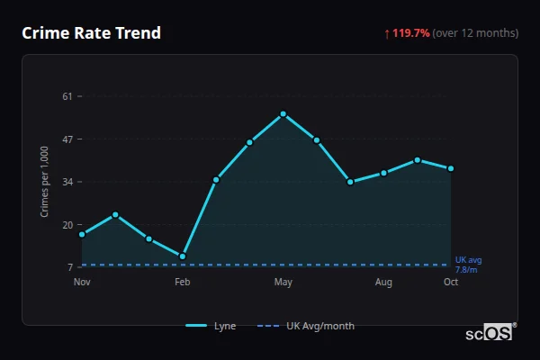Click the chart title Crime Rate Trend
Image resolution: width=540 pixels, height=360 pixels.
pyautogui.click(x=91, y=33)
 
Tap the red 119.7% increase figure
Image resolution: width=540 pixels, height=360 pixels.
pyautogui.click(x=410, y=33)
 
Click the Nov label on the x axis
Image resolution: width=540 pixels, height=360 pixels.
pyautogui.click(x=82, y=283)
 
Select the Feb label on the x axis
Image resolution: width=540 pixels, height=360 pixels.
pyautogui.click(x=183, y=283)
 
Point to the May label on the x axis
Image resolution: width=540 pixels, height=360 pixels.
pyautogui.click(x=283, y=283)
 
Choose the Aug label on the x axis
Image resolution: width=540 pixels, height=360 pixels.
pyautogui.click(x=383, y=283)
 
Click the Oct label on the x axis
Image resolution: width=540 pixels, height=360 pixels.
pyautogui.click(x=451, y=283)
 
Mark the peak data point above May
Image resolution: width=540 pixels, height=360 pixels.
pyautogui.click(x=283, y=114)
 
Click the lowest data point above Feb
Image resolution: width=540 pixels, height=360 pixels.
pyautogui.click(x=183, y=256)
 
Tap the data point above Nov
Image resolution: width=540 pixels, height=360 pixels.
pyautogui.click(x=82, y=234)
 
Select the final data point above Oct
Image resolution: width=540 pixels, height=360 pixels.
pyautogui.click(x=451, y=168)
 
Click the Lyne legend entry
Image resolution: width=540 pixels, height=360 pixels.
pyautogui.click(x=211, y=326)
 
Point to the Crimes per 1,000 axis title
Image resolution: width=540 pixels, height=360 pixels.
pyautogui.click(x=45, y=182)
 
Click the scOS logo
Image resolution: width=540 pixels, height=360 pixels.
pyautogui.click(x=490, y=333)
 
